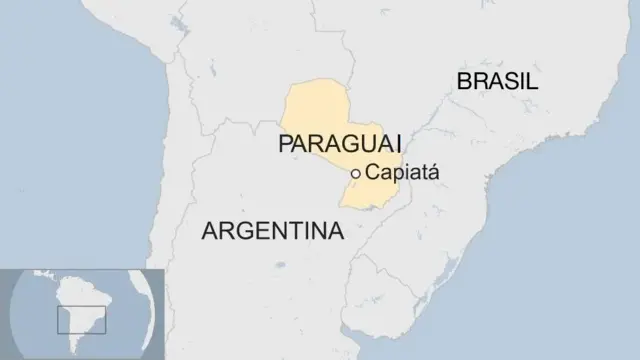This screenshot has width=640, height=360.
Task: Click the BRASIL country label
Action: pos(497,82)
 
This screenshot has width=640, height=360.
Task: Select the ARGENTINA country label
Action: pos(272,231)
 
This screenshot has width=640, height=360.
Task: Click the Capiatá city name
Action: pos(402,173)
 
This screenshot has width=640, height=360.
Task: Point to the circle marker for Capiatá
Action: pos(356,174)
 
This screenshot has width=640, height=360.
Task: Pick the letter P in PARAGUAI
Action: pos(285,144)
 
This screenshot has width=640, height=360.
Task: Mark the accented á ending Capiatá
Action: pos(433,173)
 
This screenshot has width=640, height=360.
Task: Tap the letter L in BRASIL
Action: pos(532,82)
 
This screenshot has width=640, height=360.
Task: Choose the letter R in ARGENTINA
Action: pos(224,231)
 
